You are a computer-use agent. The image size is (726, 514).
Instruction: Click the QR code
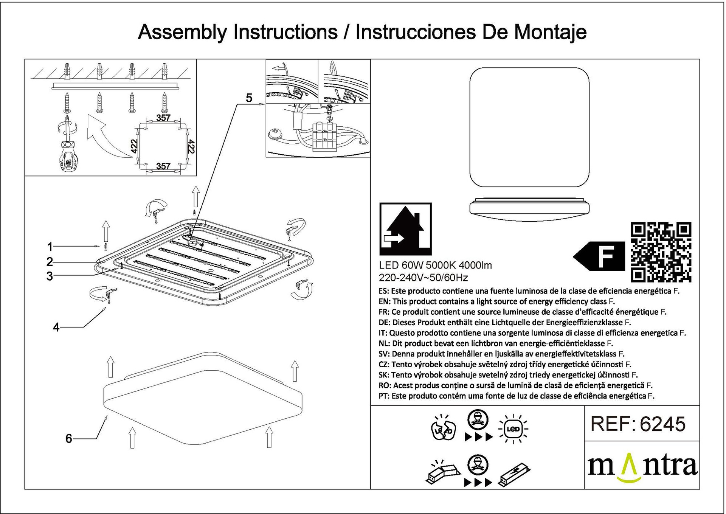tap(661, 252)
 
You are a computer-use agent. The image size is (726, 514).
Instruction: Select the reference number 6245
tap(662, 424)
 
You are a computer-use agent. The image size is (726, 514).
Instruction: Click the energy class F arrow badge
tap(599, 257)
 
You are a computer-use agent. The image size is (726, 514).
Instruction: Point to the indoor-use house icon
tap(405, 229)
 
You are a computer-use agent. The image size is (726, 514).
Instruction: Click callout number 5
tap(249, 98)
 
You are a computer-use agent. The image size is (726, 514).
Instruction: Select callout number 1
tap(50, 247)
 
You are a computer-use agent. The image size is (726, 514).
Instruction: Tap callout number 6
tap(68, 439)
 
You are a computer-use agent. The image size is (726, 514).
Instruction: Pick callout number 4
tap(56, 328)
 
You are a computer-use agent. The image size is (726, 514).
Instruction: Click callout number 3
tap(50, 276)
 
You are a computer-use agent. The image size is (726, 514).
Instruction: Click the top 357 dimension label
tap(163, 118)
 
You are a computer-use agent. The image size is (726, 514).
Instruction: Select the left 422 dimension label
tap(133, 146)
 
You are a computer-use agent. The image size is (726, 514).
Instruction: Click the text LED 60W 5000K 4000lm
tap(435, 266)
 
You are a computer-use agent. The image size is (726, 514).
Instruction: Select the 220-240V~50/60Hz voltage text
tap(423, 278)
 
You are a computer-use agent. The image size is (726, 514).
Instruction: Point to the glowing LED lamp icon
tap(513, 429)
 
